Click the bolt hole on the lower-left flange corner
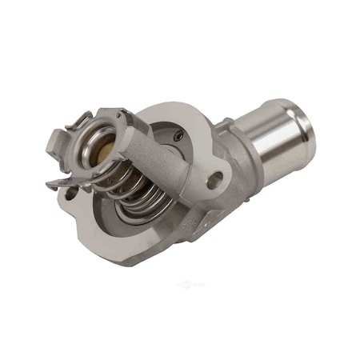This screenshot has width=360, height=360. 74,193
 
